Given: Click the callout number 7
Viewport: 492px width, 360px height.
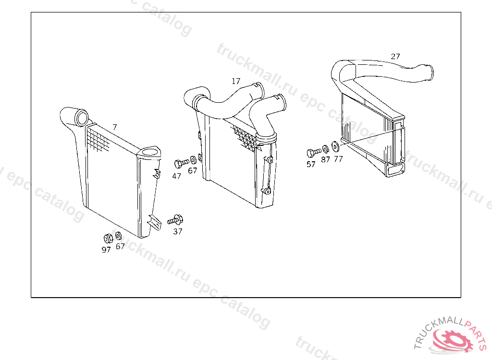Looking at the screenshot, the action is [x=115, y=127].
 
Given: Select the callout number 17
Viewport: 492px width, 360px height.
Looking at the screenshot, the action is [x=236, y=81].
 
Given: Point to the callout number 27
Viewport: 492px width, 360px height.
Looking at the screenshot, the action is [x=395, y=57].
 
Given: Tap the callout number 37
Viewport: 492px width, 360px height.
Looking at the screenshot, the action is [x=178, y=231].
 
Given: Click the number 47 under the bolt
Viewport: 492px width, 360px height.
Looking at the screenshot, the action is [x=177, y=176].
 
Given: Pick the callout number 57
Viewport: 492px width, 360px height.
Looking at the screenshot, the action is [x=311, y=164].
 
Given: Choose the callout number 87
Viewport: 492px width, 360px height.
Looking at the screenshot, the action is [x=325, y=160].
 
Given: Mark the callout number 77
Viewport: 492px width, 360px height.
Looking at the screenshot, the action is [x=338, y=159].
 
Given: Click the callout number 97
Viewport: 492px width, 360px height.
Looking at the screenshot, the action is [x=106, y=250].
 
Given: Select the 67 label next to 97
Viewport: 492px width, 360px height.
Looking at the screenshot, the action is [x=120, y=247].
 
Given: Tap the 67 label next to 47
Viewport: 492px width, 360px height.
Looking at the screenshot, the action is [x=192, y=170].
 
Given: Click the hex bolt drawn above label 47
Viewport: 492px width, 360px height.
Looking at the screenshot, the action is [x=181, y=163].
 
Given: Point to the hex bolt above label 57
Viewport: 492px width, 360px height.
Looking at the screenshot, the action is [x=314, y=153].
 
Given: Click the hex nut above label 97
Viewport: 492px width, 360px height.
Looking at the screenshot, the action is [x=108, y=239].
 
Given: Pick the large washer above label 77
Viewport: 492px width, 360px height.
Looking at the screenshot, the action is [x=335, y=146].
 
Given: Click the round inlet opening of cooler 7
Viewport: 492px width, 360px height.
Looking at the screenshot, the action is [x=82, y=118].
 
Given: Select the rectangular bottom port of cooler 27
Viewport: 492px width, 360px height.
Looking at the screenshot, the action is [x=395, y=170].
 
